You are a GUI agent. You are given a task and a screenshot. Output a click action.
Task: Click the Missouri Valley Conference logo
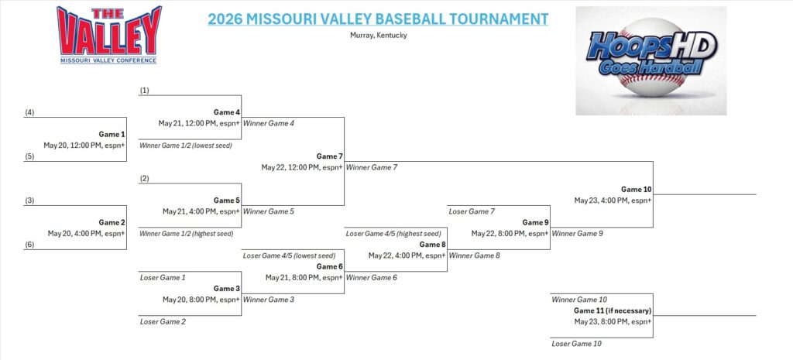[x=109, y=35]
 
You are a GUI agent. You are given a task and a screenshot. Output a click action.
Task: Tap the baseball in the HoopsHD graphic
[x=651, y=57]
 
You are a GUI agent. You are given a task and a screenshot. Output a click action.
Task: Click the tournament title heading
[x=378, y=19]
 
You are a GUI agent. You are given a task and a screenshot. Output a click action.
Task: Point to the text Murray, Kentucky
[x=378, y=36]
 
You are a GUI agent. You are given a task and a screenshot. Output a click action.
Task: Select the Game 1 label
[x=112, y=134]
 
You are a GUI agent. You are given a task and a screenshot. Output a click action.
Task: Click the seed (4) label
[x=30, y=112]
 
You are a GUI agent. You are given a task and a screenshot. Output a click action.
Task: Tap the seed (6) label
[x=30, y=244]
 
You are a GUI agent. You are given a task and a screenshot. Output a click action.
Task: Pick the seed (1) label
[x=145, y=90]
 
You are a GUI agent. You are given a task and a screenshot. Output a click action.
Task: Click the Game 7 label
[x=330, y=156]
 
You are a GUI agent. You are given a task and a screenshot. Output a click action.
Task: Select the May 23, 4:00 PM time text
[x=613, y=201]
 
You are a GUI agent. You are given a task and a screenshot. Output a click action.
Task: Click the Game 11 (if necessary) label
[x=613, y=310]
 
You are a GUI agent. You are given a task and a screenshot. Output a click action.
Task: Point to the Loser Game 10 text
[x=576, y=344]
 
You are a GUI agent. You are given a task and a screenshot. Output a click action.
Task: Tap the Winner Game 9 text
[x=577, y=234]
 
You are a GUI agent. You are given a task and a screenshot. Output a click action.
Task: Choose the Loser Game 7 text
[x=472, y=211]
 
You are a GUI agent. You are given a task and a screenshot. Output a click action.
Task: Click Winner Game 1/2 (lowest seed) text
[x=186, y=145]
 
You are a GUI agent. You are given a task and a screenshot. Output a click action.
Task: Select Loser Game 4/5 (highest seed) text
[x=393, y=234]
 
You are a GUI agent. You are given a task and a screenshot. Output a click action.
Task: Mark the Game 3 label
[x=227, y=288]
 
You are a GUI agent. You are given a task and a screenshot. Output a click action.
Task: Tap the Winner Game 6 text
[x=371, y=277]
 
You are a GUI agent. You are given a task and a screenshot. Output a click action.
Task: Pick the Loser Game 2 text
[x=163, y=321]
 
